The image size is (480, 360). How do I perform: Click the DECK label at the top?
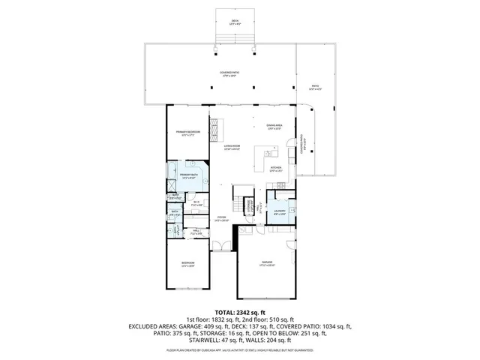(235, 22)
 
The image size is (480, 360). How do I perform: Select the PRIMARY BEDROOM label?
(188, 133)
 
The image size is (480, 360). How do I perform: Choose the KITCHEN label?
(275, 169)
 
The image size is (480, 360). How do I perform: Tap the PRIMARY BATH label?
(187, 175)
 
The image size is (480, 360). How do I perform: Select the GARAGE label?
(266, 263)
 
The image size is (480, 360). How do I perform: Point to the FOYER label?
(221, 220)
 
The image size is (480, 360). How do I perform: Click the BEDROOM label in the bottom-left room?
(187, 263)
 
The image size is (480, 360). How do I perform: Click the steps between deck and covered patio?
(235, 38)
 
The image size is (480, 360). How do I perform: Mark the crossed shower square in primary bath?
(171, 183)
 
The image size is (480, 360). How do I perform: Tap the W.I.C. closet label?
(196, 202)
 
